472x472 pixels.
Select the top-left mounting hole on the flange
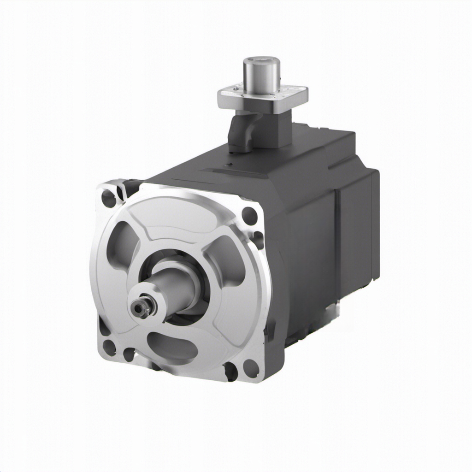pyautogui.click(x=109, y=199)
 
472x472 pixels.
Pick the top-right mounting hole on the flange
pyautogui.click(x=249, y=215)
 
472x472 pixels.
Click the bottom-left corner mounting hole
pyautogui.click(x=109, y=347)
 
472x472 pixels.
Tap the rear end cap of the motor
pyautogui.click(x=366, y=226)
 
